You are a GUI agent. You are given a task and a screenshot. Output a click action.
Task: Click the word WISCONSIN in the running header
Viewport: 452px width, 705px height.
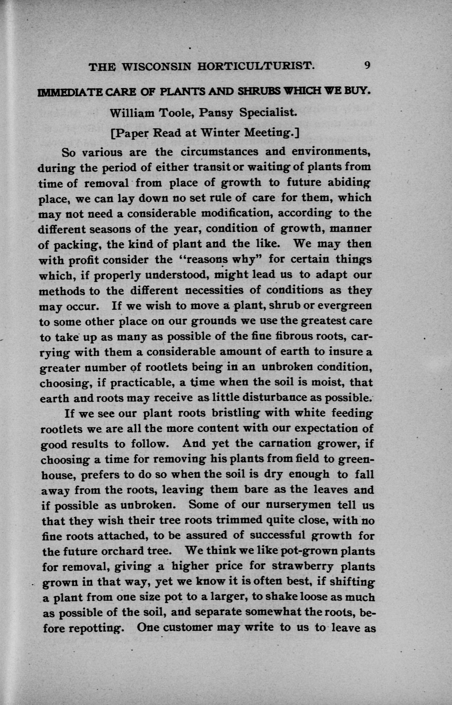(x=156, y=67)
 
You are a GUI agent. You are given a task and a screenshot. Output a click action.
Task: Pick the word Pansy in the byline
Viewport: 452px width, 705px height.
(x=216, y=113)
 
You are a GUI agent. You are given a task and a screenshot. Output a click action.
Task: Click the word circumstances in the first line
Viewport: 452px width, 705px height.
(x=220, y=152)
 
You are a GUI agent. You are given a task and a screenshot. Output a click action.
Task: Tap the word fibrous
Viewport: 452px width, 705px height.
(x=283, y=336)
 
